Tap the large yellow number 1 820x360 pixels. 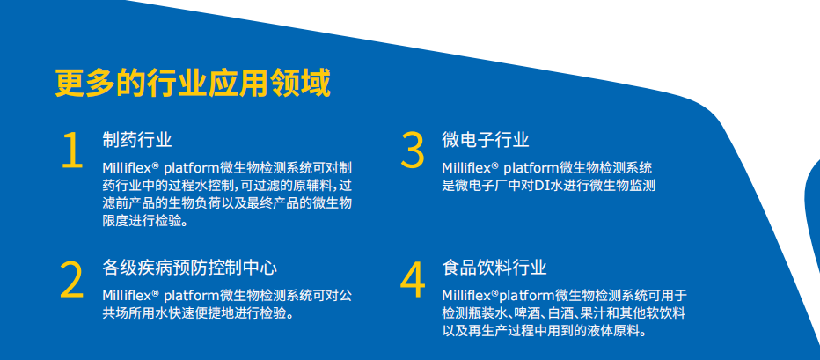pyautogui.click(x=73, y=151)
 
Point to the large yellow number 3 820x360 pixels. pyautogui.click(x=412, y=151)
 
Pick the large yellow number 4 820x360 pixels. pyautogui.click(x=413, y=280)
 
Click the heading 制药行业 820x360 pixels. pyautogui.click(x=137, y=140)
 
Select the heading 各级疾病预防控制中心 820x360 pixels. pyautogui.click(x=189, y=268)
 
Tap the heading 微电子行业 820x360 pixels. pyautogui.click(x=486, y=140)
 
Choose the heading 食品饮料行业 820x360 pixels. pyautogui.click(x=494, y=268)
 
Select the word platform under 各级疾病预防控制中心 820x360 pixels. pyautogui.click(x=192, y=296)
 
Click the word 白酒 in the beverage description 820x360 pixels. pyautogui.click(x=563, y=314)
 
